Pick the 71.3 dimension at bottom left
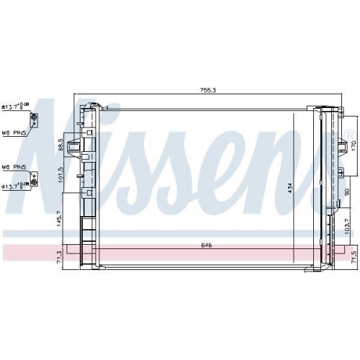(58, 257)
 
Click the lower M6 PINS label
(14, 166)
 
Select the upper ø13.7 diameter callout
(15, 107)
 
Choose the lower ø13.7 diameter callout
(15, 185)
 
